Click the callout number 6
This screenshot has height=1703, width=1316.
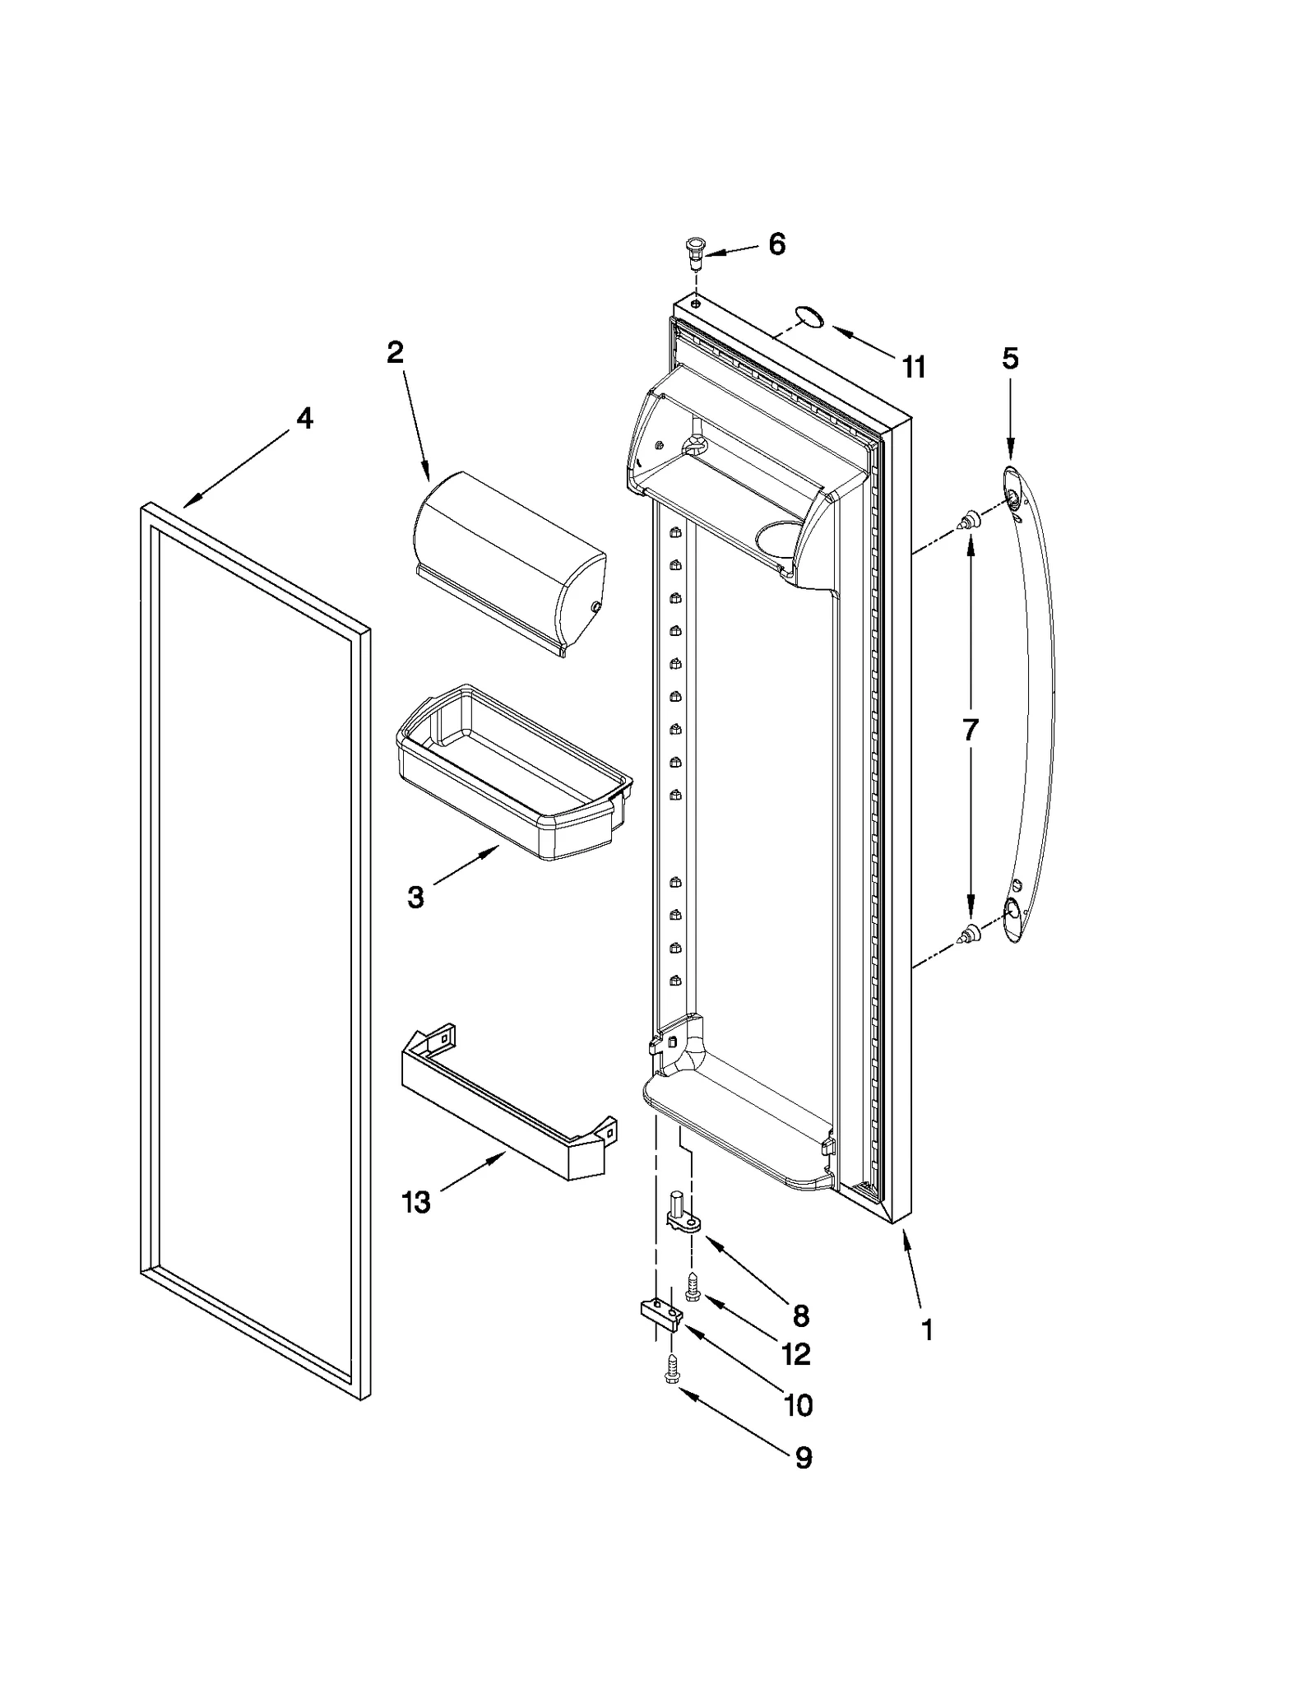[x=776, y=244]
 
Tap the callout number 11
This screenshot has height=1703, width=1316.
[x=914, y=367]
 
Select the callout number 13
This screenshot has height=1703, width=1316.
[x=416, y=1202]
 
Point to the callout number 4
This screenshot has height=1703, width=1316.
[x=304, y=419]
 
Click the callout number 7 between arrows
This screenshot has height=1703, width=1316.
[x=971, y=729]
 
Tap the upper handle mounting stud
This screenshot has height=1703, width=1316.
[x=971, y=520]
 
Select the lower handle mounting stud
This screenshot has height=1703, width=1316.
[x=971, y=932]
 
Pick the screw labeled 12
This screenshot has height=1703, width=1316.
[x=693, y=1287]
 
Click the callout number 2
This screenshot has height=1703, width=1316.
[x=395, y=353]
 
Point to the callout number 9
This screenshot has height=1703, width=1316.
[x=803, y=1458]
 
